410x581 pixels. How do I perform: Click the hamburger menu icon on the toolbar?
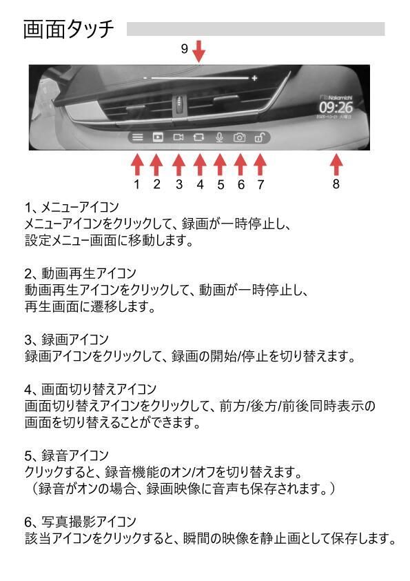[138, 137]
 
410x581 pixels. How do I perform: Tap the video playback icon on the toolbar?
[157, 137]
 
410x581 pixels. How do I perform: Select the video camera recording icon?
[178, 137]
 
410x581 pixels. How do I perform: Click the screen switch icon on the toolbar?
[200, 137]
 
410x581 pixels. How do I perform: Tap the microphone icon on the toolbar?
[220, 137]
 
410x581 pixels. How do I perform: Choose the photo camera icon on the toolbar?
[240, 137]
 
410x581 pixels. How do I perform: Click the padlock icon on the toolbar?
[259, 137]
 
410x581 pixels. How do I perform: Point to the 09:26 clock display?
[335, 108]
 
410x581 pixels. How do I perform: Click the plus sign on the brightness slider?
[255, 79]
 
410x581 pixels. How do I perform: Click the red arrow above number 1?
[137, 164]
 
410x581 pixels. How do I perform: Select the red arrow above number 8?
[336, 164]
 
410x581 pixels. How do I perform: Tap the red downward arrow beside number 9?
[198, 51]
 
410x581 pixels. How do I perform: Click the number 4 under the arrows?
[200, 184]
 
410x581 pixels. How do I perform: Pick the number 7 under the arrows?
[260, 184]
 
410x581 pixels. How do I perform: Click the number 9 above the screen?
[184, 49]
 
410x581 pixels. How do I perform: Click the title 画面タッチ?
[68, 30]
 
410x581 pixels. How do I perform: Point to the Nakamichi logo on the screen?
[337, 98]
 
